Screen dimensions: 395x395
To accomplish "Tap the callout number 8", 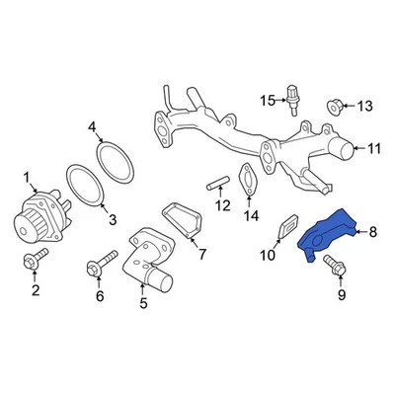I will point(372,233).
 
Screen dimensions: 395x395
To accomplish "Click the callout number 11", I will point(373,149).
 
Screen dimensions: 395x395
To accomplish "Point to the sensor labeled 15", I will point(292,100).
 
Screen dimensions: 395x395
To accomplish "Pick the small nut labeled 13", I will point(334,105).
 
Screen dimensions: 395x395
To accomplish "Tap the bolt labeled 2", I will point(34,261).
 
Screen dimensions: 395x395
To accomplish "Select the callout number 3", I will point(112,218).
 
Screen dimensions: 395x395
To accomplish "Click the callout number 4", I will point(93,126).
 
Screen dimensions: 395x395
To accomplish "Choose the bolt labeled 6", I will point(98,266).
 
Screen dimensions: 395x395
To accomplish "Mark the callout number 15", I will point(265,100).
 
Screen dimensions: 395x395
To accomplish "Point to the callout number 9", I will point(344,294).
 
